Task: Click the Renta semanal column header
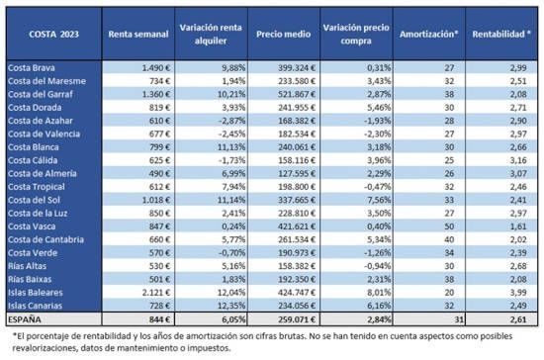point(138,34)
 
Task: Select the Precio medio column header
point(284,34)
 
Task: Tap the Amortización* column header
point(429,34)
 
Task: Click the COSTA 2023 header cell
point(53,34)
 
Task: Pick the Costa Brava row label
point(32,67)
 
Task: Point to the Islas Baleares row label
point(36,293)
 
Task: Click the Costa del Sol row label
point(34,200)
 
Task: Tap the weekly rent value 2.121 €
point(156,293)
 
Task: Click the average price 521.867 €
point(297,94)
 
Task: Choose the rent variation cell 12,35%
point(231,306)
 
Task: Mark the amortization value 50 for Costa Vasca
point(449,226)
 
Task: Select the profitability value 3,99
point(518,293)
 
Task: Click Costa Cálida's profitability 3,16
point(518,160)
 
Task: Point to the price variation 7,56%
point(379,200)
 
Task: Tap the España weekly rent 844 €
point(160,319)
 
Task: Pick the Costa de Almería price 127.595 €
point(297,173)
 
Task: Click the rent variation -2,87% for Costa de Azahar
point(232,121)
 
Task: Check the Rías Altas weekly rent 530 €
point(160,266)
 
